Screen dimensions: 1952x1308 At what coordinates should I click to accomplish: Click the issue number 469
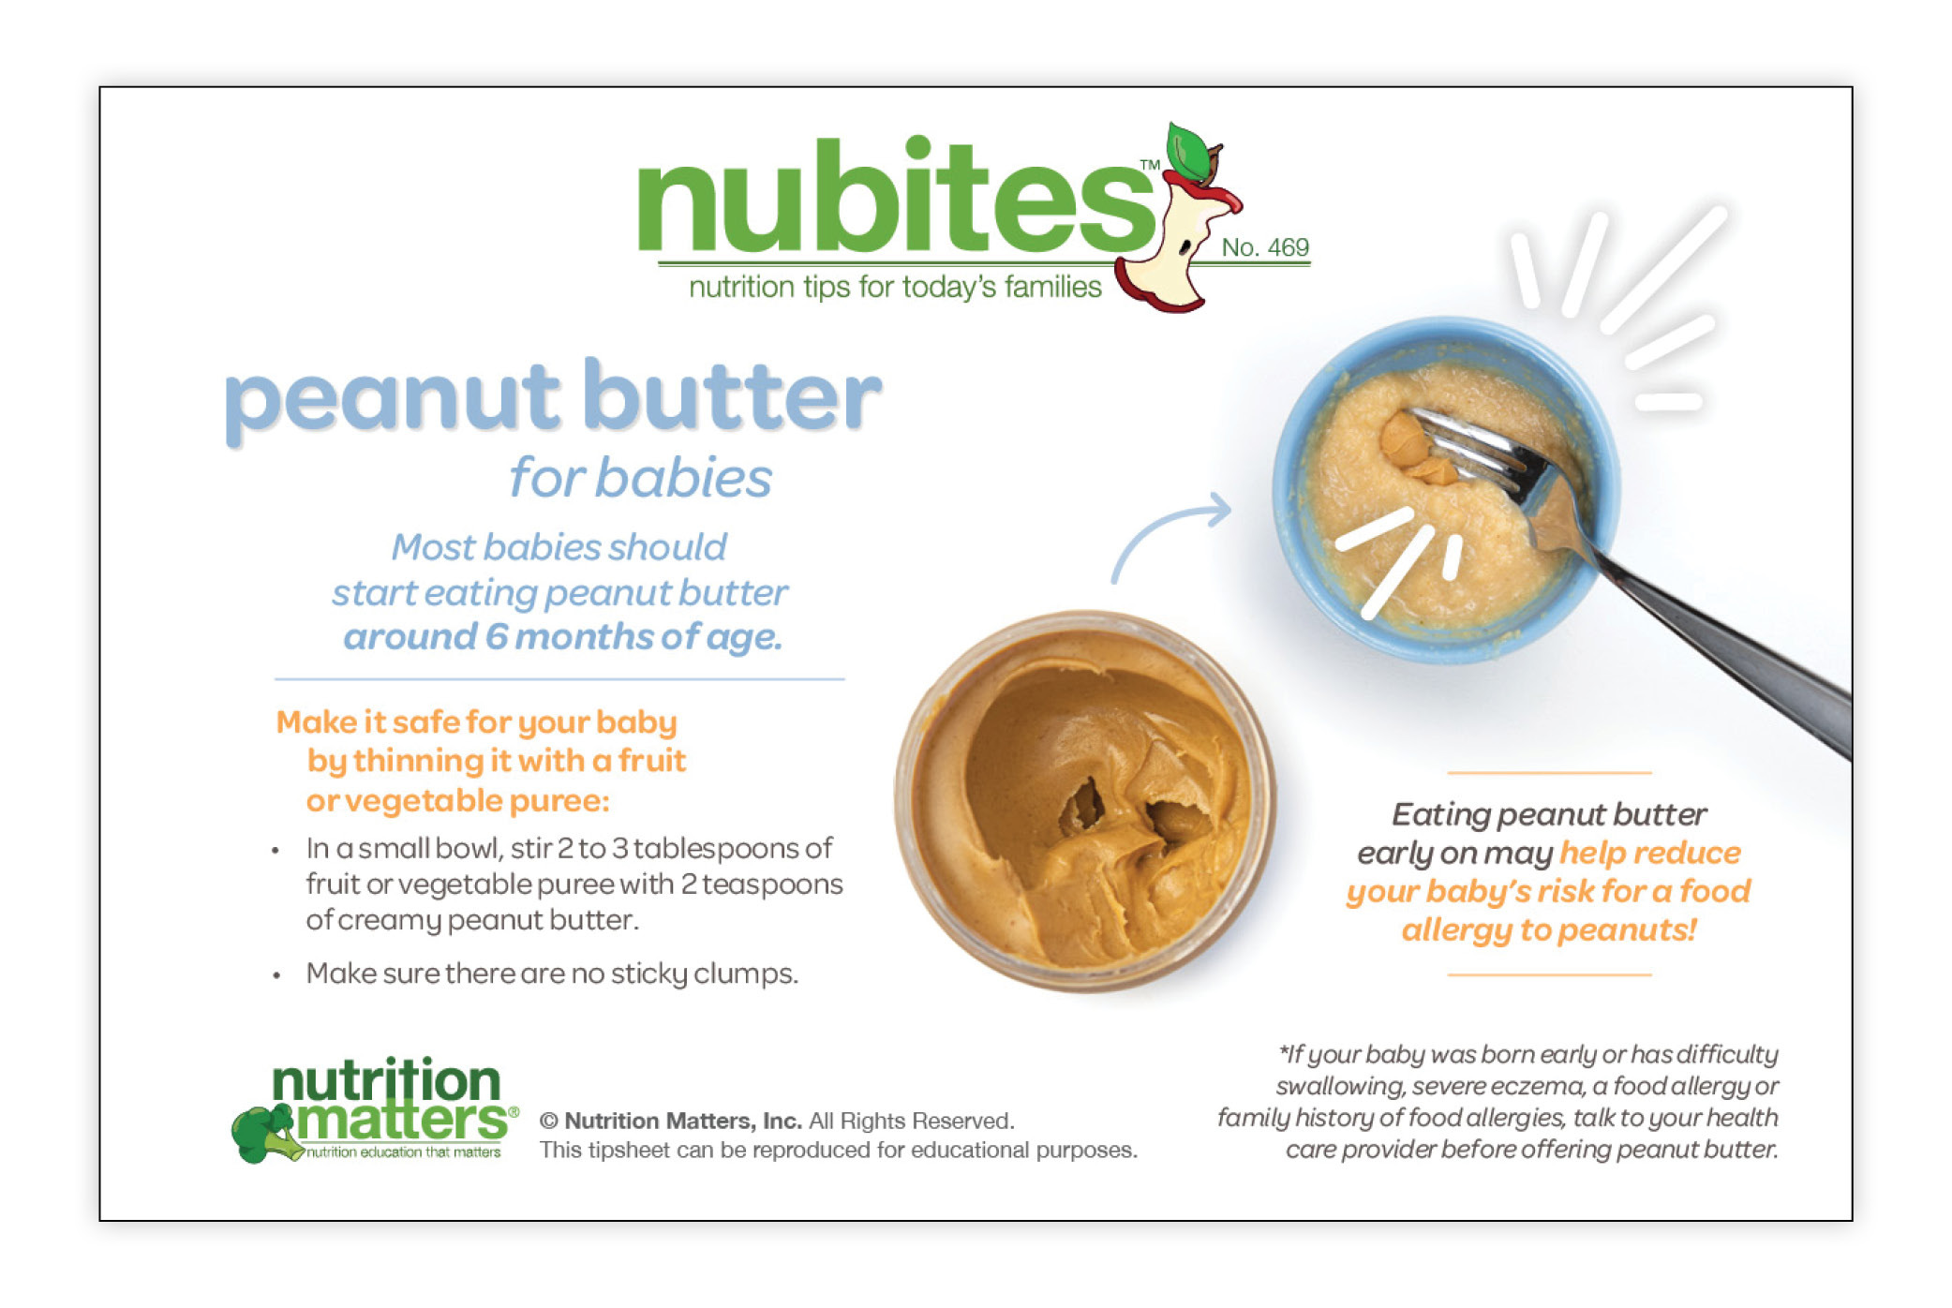1288,247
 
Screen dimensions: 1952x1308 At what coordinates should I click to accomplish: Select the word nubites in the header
896,197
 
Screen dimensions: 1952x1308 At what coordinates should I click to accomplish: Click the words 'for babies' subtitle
641,478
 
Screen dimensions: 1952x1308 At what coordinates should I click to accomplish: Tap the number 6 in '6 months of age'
496,637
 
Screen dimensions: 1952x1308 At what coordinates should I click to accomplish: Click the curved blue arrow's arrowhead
1218,511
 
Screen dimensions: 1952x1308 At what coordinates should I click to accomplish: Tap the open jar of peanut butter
1084,801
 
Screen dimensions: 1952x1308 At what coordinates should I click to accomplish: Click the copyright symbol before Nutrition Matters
549,1122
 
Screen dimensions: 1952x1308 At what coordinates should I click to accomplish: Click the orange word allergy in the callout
1456,930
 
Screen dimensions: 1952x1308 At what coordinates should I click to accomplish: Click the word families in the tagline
1053,287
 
